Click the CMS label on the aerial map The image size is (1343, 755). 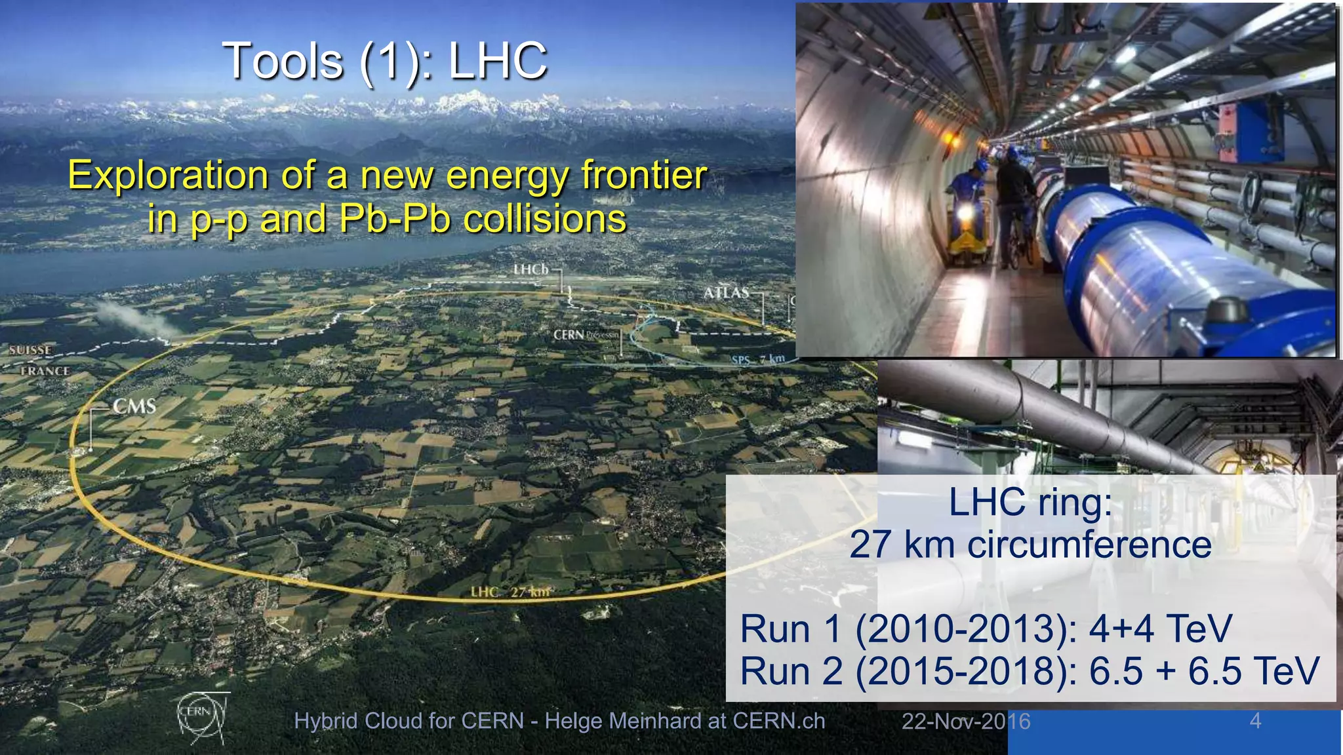tap(134, 406)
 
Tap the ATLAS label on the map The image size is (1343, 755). tap(726, 293)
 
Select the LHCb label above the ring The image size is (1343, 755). tap(531, 269)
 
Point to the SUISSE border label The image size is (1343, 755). tap(30, 350)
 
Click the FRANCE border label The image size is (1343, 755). tap(45, 371)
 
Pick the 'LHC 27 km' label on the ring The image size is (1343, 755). tap(510, 592)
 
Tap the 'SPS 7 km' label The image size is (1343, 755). tap(758, 360)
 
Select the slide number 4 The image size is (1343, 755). tap(1255, 721)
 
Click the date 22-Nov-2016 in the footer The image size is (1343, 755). tap(965, 722)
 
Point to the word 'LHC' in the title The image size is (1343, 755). tap(498, 61)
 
